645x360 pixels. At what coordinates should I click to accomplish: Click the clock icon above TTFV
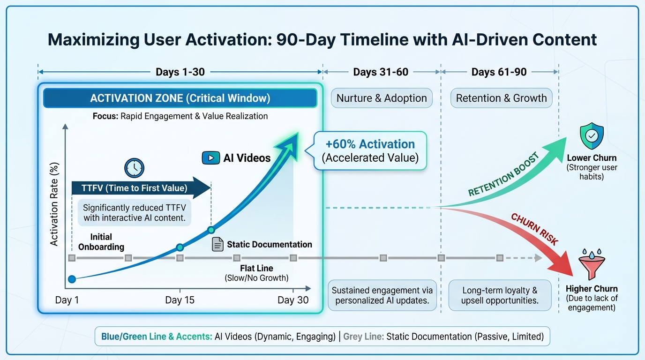[134, 168]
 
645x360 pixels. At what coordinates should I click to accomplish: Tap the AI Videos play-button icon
[211, 157]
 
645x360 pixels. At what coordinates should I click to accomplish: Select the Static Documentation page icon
[217, 244]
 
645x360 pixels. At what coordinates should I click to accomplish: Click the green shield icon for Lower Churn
[591, 135]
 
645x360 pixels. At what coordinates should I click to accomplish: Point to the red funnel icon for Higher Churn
[592, 265]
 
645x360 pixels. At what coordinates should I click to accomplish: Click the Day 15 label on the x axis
[180, 300]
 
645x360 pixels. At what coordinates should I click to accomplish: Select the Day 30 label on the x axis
[293, 300]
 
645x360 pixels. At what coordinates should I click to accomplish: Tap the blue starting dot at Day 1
[72, 279]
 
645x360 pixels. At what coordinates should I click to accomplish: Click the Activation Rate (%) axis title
[54, 204]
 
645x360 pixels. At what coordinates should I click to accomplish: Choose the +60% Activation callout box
[370, 150]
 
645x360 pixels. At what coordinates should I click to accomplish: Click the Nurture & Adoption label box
[382, 98]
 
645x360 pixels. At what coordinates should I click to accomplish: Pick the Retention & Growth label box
[501, 98]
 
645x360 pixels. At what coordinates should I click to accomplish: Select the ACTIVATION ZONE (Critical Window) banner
[180, 98]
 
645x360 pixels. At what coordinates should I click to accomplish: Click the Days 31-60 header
[381, 72]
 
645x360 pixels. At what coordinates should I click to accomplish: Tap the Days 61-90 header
[499, 72]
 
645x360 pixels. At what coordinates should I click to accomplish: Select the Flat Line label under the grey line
[256, 269]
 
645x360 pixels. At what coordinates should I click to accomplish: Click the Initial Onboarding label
[101, 242]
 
